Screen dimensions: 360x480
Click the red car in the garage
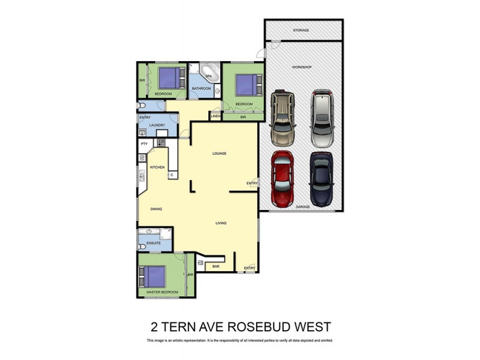pyautogui.click(x=283, y=178)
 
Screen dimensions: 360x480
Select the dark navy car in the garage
pyautogui.click(x=321, y=178)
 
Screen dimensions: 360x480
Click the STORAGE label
pyautogui.click(x=301, y=30)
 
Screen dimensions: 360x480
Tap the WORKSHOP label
pyautogui.click(x=302, y=67)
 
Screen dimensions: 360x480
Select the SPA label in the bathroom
pyautogui.click(x=209, y=77)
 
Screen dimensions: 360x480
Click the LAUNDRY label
pyautogui.click(x=157, y=125)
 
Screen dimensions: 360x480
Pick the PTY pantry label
pyautogui.click(x=144, y=144)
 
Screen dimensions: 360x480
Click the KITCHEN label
pyautogui.click(x=157, y=167)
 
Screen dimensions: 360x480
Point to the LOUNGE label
pyautogui.click(x=220, y=154)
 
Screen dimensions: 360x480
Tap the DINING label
pyautogui.click(x=157, y=209)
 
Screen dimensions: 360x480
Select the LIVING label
pyautogui.click(x=221, y=223)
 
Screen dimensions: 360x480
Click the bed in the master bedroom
pyautogui.click(x=154, y=277)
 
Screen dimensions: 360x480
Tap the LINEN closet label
pyautogui.click(x=215, y=115)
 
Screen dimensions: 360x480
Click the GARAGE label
pyautogui.click(x=302, y=206)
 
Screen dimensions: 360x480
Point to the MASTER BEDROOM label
pyautogui.click(x=162, y=292)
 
